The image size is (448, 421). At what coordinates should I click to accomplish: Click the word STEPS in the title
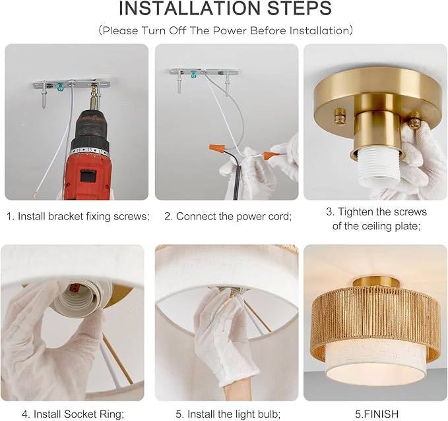click(300, 9)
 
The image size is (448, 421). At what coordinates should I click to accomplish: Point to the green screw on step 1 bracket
click(60, 86)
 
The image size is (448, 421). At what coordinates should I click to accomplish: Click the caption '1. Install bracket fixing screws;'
click(78, 216)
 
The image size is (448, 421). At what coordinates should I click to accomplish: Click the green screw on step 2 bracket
click(194, 74)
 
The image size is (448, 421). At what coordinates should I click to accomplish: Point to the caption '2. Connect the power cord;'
click(228, 216)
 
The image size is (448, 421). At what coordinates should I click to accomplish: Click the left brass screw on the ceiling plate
click(339, 115)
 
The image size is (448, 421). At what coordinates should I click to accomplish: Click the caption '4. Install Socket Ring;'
click(73, 414)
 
